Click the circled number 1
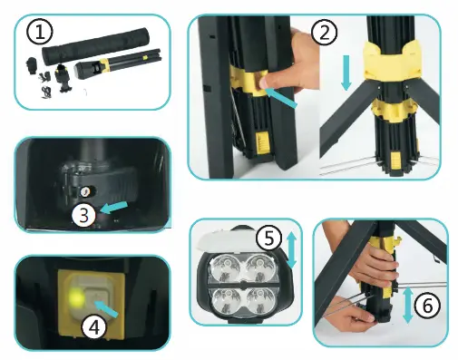(x=40, y=32)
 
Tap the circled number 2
(x=325, y=33)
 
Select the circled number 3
(x=84, y=215)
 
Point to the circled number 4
(x=95, y=327)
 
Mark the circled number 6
(x=427, y=306)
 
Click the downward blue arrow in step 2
(x=346, y=73)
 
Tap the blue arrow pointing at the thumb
(x=282, y=97)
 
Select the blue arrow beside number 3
(x=114, y=208)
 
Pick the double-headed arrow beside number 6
(x=408, y=305)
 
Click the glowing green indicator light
(x=75, y=297)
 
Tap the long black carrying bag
(x=95, y=45)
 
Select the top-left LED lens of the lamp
(x=225, y=266)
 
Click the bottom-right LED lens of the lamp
(x=259, y=301)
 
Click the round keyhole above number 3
(x=85, y=191)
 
